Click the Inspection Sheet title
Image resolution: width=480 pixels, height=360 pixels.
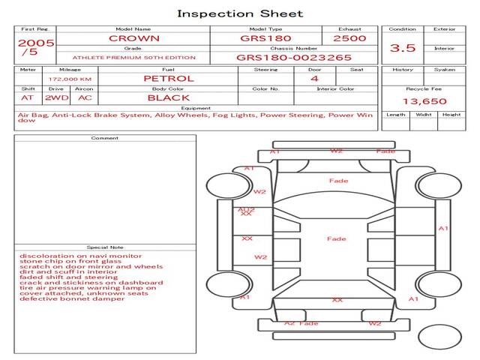[240, 13]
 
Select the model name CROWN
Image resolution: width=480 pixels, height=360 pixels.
[133, 37]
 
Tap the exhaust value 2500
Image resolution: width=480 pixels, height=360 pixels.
[349, 37]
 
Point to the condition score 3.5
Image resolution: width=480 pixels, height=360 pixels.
[403, 48]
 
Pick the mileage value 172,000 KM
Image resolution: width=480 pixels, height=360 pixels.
[70, 78]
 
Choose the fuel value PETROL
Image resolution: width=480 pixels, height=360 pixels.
[168, 78]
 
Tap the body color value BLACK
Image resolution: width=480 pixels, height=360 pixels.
[168, 97]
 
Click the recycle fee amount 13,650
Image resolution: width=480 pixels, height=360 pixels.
[424, 101]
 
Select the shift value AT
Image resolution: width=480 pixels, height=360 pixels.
[27, 97]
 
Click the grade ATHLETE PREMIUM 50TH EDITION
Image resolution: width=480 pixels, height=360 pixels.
[133, 57]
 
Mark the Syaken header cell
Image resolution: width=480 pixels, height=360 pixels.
[444, 70]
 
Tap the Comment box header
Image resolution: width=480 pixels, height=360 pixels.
[105, 138]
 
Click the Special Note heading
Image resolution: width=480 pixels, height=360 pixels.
[105, 247]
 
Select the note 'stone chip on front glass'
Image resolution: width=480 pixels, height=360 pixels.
[65, 261]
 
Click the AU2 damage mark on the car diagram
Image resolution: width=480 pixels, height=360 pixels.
[246, 209]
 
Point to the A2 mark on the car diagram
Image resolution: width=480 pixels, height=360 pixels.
[289, 323]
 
